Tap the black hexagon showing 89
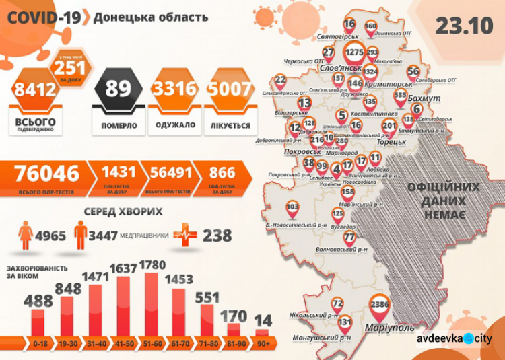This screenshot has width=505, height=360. pyautogui.click(x=118, y=90)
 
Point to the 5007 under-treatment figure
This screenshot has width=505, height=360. pyautogui.click(x=230, y=90)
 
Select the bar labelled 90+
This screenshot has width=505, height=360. pyautogui.click(x=262, y=332)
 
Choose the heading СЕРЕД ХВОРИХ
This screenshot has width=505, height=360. pyautogui.click(x=123, y=211)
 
